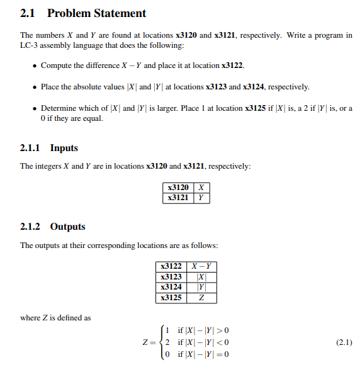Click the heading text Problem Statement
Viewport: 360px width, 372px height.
tap(96, 13)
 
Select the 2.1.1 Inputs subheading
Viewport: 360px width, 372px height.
tap(49, 148)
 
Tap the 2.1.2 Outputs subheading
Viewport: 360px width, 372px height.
tap(52, 227)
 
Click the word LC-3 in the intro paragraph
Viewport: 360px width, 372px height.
tap(30, 46)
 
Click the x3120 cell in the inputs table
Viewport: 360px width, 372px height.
tap(177, 188)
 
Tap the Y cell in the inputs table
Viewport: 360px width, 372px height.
tap(201, 198)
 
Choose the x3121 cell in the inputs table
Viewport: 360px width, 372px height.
tap(177, 198)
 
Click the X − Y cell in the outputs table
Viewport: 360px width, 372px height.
tap(201, 266)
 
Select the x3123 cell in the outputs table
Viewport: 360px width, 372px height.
tap(171, 277)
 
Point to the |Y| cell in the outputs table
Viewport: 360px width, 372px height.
tap(201, 288)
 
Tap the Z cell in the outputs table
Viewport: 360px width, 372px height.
tap(201, 298)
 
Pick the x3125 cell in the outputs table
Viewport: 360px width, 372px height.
tap(171, 298)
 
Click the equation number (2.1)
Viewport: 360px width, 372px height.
tap(344, 342)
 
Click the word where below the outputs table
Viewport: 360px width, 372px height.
tap(30, 318)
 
